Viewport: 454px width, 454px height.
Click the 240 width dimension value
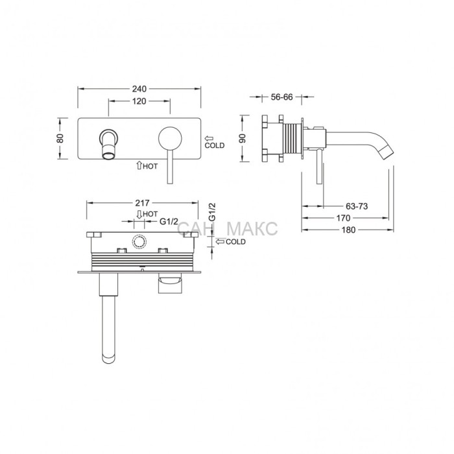click(x=139, y=89)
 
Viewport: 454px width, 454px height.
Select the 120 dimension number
click(x=139, y=101)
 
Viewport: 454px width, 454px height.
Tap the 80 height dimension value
click(x=60, y=138)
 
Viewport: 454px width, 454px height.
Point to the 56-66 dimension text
click(x=281, y=97)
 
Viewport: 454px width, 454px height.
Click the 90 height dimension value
click(x=243, y=138)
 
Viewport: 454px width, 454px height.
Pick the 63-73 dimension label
click(x=357, y=206)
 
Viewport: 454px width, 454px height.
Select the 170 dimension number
click(x=343, y=218)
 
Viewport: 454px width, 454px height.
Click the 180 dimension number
click(x=348, y=230)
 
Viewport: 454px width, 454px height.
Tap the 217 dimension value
click(x=143, y=202)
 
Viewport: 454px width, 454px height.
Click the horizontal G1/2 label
click(x=169, y=222)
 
